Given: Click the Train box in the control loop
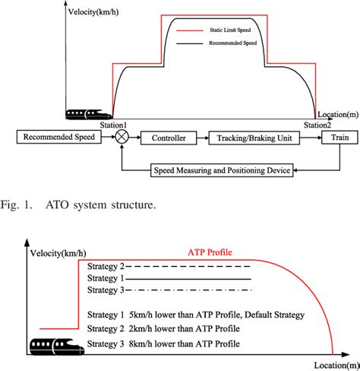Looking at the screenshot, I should tap(334, 138).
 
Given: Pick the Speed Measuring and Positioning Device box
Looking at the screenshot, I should tap(222, 171).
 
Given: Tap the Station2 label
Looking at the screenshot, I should tap(317, 125).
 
